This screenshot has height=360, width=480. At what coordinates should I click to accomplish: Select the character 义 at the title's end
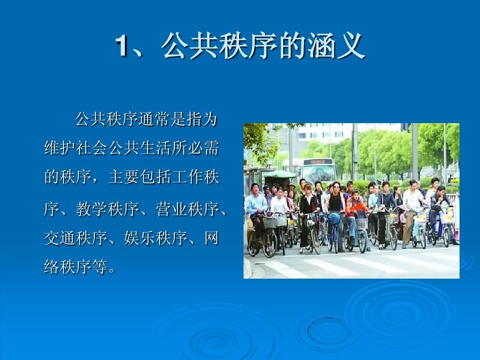351,46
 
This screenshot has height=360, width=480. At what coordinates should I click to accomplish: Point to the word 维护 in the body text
60,148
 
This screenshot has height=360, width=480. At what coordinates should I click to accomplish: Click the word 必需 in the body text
203,148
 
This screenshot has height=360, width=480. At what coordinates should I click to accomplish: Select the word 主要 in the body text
124,177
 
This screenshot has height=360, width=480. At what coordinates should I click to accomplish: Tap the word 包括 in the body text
156,177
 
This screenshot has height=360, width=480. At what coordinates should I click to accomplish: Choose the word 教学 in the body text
92,209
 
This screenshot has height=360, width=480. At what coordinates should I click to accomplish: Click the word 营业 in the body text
172,209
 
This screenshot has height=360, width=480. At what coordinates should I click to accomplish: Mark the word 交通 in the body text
60,238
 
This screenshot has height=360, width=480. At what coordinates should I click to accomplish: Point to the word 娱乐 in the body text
140,238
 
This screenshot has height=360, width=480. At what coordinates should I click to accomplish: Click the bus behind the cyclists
318,170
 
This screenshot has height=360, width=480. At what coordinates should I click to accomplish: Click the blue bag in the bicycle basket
334,218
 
